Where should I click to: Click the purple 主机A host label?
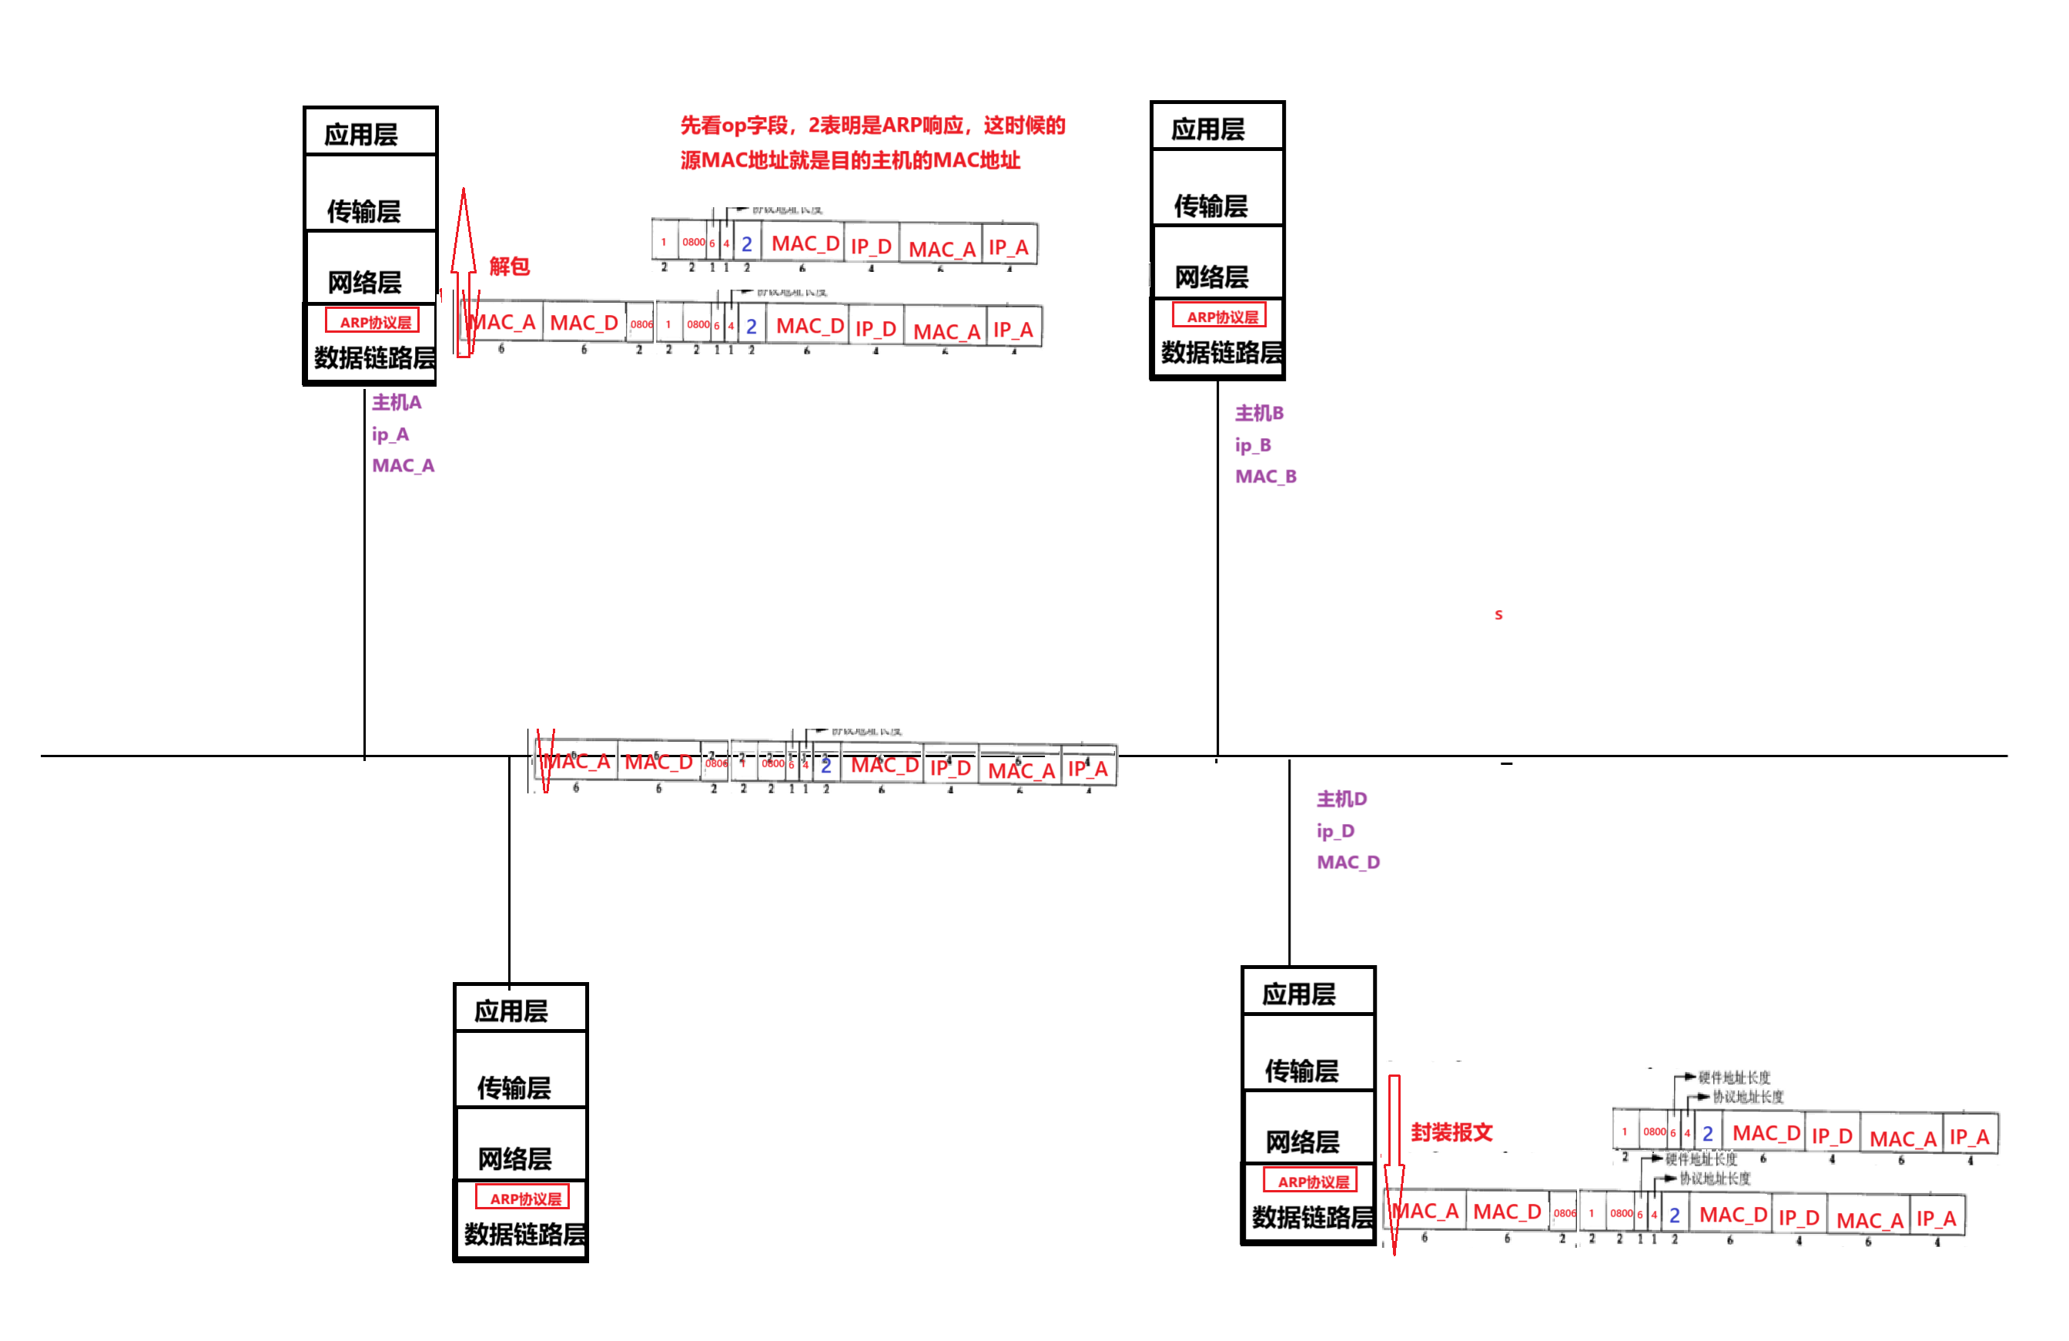pos(397,403)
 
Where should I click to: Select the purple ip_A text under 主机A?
pos(390,435)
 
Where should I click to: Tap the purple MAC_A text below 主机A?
pos(403,466)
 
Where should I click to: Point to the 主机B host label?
pos(1259,413)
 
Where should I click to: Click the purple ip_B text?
pos(1253,445)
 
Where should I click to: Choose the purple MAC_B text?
pos(1266,477)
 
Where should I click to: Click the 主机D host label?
pos(1341,800)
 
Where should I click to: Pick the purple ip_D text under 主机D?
pos(1336,831)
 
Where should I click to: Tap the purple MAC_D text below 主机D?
pos(1348,863)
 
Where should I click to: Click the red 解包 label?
pos(510,266)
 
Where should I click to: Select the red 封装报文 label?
pos(1451,1132)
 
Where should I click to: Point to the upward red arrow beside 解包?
pos(464,270)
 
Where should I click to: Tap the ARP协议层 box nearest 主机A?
pos(373,321)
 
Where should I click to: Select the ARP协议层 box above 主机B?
pos(1220,316)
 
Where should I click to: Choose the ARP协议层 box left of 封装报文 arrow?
pos(1310,1180)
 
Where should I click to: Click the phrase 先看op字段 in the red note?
pos(733,126)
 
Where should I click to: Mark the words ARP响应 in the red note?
pos(922,126)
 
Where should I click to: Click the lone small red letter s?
pos(1498,615)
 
